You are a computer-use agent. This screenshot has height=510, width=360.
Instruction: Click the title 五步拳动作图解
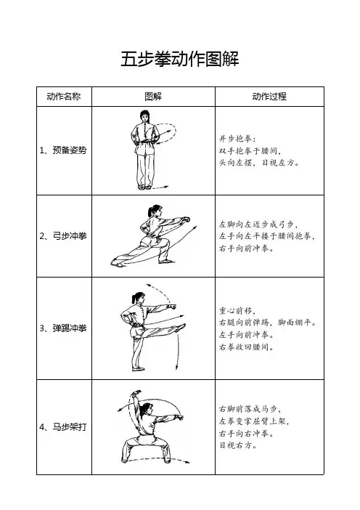tap(180, 59)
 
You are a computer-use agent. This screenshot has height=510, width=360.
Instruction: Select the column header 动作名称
tap(64, 97)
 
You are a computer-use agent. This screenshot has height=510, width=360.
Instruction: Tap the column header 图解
tap(153, 97)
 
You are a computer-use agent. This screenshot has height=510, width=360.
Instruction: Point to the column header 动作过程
tap(269, 97)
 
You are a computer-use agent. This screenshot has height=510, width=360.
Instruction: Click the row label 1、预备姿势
tap(63, 150)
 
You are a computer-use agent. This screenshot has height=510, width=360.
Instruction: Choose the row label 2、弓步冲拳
tap(63, 236)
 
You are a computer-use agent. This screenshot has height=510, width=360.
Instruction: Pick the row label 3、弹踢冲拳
tap(63, 328)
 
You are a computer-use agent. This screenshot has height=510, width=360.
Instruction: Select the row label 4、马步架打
tap(63, 426)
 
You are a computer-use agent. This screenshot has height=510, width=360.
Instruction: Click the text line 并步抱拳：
tap(237, 139)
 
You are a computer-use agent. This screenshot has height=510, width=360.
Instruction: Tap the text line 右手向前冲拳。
tap(247, 248)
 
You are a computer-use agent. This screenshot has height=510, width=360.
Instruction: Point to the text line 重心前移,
tap(237, 311)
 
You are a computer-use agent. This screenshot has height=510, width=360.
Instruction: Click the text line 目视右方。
tap(238, 445)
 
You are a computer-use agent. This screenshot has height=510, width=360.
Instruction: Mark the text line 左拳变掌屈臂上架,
tap(254, 421)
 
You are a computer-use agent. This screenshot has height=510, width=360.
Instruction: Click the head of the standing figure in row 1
tap(145, 116)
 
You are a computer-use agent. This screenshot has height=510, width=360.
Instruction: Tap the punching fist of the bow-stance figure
tap(186, 219)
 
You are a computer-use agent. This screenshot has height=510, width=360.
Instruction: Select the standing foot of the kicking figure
tap(138, 369)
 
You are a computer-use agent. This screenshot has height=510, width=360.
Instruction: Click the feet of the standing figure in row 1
tap(144, 187)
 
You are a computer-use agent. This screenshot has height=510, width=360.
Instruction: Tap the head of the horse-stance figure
tap(147, 408)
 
